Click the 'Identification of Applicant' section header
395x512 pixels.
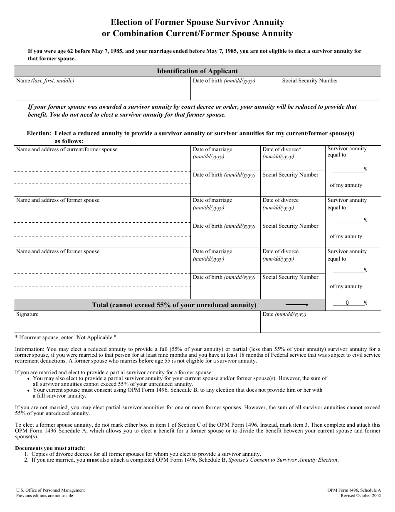(x=197, y=71)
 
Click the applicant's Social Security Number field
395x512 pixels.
(x=331, y=90)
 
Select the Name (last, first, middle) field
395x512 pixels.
(x=102, y=90)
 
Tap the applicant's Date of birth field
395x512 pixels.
(x=235, y=90)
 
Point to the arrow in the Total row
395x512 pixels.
(x=297, y=305)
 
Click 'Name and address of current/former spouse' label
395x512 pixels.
(x=67, y=149)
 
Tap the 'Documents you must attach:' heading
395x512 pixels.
(x=50, y=448)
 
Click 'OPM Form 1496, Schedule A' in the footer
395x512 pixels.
(x=354, y=490)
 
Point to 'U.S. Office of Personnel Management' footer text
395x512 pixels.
(x=50, y=490)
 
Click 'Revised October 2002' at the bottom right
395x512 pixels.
(x=360, y=496)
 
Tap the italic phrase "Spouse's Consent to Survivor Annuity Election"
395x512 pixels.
(x=283, y=460)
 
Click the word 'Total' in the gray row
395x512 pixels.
(x=102, y=305)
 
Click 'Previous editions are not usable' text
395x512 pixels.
(x=44, y=496)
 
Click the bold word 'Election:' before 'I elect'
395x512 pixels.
(x=39, y=134)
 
